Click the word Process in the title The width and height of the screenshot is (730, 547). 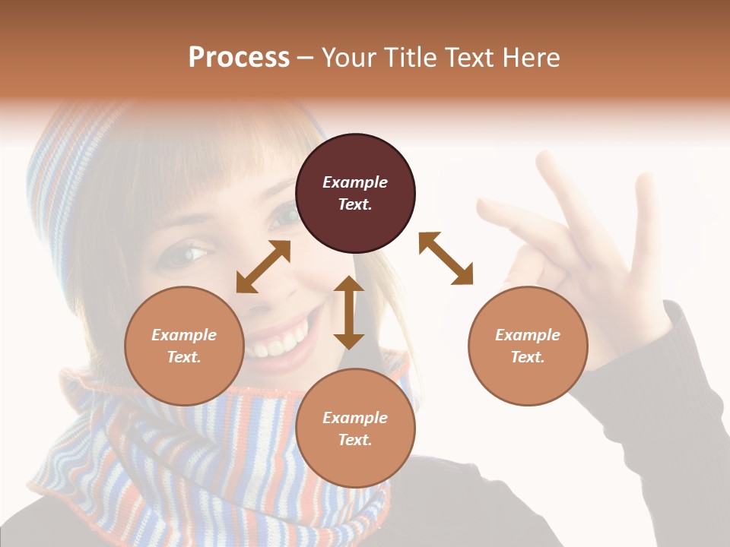(x=239, y=58)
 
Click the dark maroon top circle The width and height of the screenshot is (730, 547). (x=355, y=194)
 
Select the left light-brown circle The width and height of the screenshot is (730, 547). (x=184, y=346)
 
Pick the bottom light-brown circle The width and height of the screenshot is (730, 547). (x=355, y=428)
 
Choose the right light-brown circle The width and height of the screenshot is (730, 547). (x=528, y=346)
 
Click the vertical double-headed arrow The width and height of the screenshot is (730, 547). (x=349, y=312)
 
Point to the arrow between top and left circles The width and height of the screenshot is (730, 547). (x=263, y=267)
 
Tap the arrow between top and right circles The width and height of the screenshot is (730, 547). (x=446, y=258)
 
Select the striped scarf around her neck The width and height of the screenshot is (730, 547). (x=190, y=448)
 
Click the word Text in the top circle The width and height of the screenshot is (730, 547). (x=355, y=205)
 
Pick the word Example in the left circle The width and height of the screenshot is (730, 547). (x=184, y=335)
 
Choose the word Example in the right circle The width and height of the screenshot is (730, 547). (x=528, y=335)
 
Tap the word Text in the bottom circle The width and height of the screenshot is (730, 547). (x=355, y=440)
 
